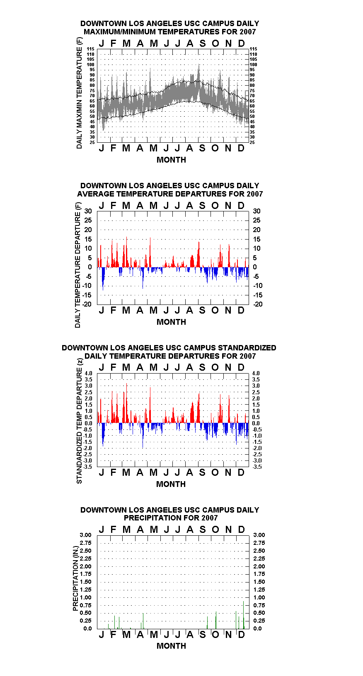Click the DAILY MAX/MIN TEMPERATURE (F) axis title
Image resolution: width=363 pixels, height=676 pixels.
pyautogui.click(x=79, y=93)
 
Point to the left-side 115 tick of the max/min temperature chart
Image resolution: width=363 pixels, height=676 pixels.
pyautogui.click(x=91, y=49)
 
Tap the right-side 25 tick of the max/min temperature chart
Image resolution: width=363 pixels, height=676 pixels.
pyautogui.click(x=252, y=142)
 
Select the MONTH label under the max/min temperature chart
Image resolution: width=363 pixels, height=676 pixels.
pyautogui.click(x=171, y=160)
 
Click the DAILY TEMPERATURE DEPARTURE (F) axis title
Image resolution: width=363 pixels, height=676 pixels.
pyautogui.click(x=77, y=265)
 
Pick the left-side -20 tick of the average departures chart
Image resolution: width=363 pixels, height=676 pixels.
pyautogui.click(x=87, y=304)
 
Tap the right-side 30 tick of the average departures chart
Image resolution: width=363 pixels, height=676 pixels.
pyautogui.click(x=257, y=211)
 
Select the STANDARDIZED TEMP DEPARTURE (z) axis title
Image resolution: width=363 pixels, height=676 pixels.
pyautogui.click(x=79, y=421)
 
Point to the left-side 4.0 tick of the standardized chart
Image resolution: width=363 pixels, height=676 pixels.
pyautogui.click(x=88, y=374)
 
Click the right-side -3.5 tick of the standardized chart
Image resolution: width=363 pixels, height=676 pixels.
pyautogui.click(x=257, y=467)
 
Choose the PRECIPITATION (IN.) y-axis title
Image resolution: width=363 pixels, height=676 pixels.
pyautogui.click(x=75, y=578)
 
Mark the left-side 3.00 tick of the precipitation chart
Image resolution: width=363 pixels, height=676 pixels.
pyautogui.click(x=85, y=535)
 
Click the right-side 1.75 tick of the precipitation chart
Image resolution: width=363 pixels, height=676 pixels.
pyautogui.click(x=259, y=574)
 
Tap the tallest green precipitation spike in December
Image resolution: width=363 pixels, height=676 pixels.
pyautogui.click(x=243, y=615)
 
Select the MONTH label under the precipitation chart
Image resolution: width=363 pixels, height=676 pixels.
pyautogui.click(x=171, y=646)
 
